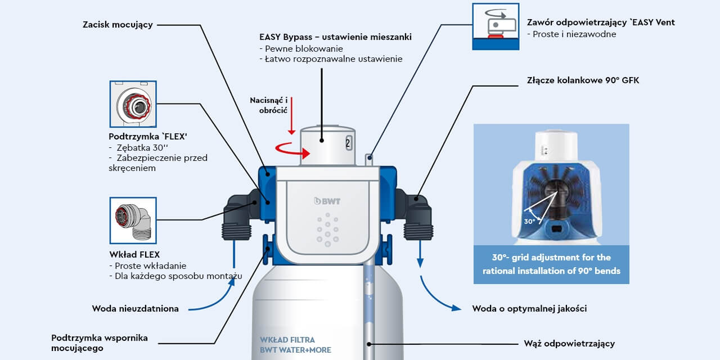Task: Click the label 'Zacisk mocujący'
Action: click(x=118, y=25)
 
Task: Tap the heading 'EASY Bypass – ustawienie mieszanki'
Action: click(x=335, y=37)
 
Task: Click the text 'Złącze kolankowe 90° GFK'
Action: click(x=583, y=80)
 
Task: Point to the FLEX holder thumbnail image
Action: click(x=133, y=105)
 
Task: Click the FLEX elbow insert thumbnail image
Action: click(x=133, y=220)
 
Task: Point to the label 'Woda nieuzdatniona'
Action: click(x=135, y=308)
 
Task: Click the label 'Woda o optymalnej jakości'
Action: click(x=529, y=308)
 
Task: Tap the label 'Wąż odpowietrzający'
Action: click(x=569, y=343)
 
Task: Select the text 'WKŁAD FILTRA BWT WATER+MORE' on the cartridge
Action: click(x=295, y=345)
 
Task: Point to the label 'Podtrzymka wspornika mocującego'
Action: click(x=100, y=343)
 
